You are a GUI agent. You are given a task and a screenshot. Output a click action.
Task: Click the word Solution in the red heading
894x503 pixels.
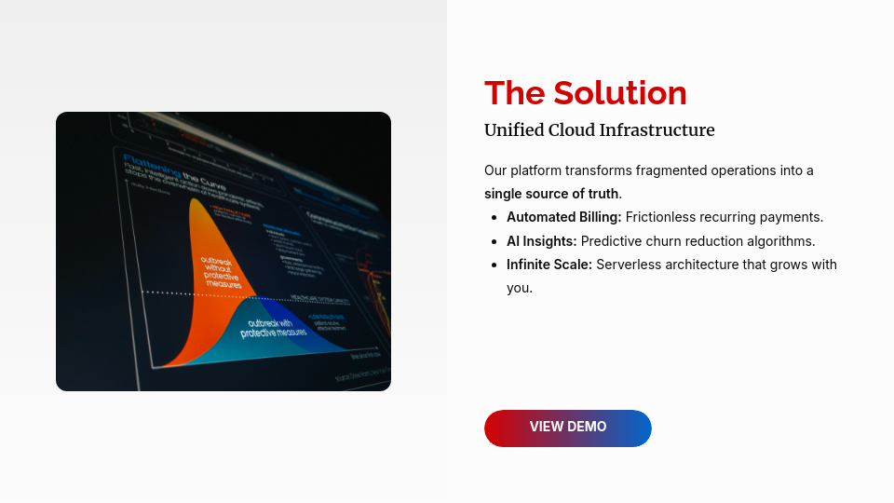click(x=619, y=93)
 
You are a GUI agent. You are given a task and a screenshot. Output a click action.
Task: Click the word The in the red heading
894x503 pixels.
click(x=514, y=93)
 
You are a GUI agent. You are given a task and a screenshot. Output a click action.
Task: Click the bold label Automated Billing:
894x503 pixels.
click(x=563, y=217)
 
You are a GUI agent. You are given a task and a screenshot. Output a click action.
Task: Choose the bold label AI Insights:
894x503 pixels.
click(x=541, y=241)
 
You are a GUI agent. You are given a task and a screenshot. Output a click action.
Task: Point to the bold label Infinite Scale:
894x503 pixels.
click(x=549, y=265)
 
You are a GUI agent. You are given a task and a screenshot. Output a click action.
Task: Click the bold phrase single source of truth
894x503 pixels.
click(x=551, y=194)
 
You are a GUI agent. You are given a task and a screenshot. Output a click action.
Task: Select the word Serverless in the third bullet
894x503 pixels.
click(x=629, y=265)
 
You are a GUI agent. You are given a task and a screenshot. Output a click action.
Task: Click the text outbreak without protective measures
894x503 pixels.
click(x=222, y=272)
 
